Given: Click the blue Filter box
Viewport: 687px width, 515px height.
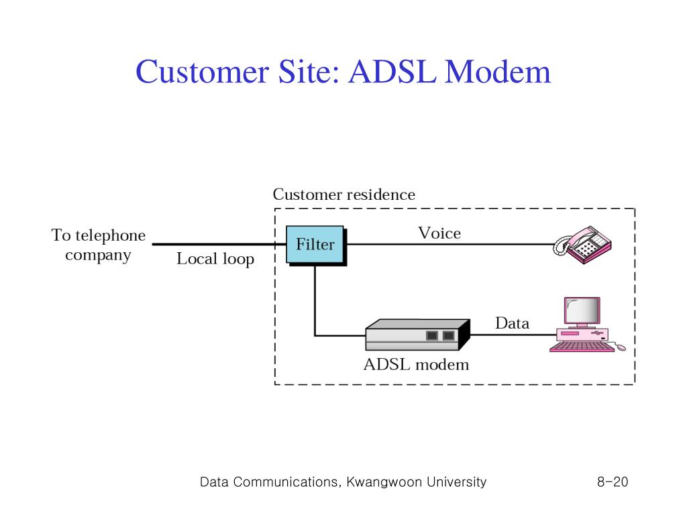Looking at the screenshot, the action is coord(315,244).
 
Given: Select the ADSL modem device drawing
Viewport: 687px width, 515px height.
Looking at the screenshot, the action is coord(417,335).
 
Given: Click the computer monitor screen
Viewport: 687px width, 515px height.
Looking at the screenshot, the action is coord(582,310).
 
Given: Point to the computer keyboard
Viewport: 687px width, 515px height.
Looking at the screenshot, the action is coord(582,347).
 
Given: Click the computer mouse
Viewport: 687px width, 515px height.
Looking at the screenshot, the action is coord(621,347).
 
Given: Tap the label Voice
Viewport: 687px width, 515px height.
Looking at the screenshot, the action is coord(439,233).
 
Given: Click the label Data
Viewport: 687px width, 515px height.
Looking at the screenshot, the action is coord(512,323).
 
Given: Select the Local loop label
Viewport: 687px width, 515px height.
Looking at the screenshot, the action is coord(215,259).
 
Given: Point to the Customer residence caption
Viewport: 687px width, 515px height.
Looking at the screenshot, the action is coord(344,194).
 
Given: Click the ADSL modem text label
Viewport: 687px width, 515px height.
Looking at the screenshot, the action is coord(416,364).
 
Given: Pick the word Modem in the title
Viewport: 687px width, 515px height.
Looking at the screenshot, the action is coord(498,71).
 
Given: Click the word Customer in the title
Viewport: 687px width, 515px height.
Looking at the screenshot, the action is coord(202,71).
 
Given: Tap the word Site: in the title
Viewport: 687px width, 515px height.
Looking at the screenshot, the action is coord(309,71).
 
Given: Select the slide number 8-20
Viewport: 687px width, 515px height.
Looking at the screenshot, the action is coord(613,481).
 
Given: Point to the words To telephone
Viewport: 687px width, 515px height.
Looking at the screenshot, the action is coord(98,235).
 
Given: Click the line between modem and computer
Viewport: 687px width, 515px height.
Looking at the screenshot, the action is coord(513,335).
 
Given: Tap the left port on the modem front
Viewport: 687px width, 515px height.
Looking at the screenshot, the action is coord(432,335).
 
